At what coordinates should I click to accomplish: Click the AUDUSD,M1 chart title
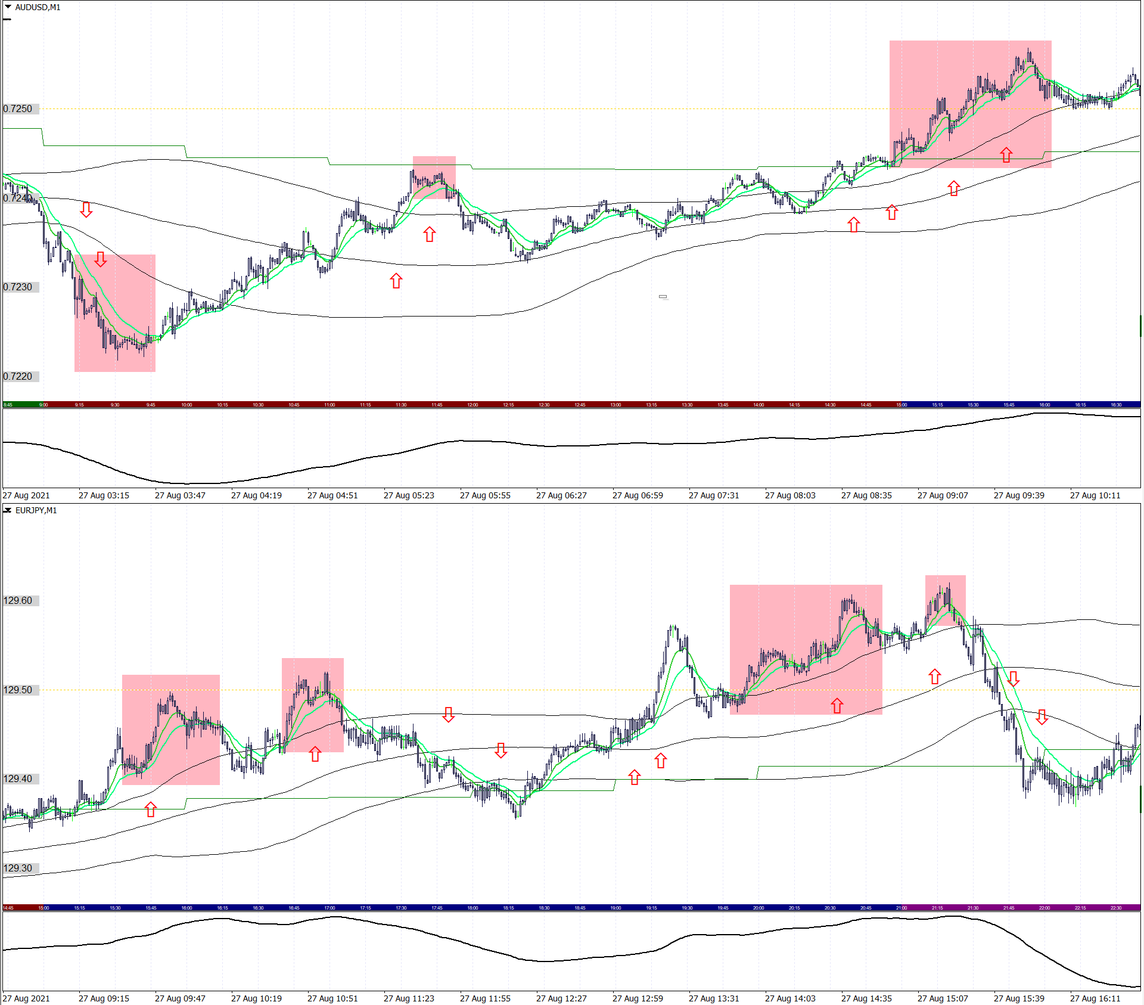pyautogui.click(x=38, y=7)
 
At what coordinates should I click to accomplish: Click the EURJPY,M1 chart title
pyautogui.click(x=36, y=510)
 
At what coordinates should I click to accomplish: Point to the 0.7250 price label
pyautogui.click(x=18, y=108)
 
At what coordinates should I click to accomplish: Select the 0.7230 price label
pyautogui.click(x=18, y=287)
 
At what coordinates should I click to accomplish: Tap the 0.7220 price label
pyautogui.click(x=18, y=376)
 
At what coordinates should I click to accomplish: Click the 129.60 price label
pyautogui.click(x=18, y=600)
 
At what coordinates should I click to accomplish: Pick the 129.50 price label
pyautogui.click(x=18, y=690)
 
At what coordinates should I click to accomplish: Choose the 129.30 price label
pyautogui.click(x=18, y=868)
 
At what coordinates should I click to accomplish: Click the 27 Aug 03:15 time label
pyautogui.click(x=104, y=495)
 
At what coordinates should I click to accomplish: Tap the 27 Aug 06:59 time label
pyautogui.click(x=638, y=495)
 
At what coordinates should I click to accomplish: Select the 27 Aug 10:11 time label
pyautogui.click(x=1095, y=495)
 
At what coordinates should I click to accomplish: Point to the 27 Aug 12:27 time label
pyautogui.click(x=561, y=998)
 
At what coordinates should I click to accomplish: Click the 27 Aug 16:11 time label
pyautogui.click(x=1095, y=998)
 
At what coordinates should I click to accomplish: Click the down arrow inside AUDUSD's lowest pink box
pyautogui.click(x=101, y=259)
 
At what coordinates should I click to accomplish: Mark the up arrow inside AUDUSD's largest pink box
pyautogui.click(x=1006, y=155)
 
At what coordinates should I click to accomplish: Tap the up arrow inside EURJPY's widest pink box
pyautogui.click(x=837, y=706)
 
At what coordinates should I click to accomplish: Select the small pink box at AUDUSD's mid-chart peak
pyautogui.click(x=434, y=177)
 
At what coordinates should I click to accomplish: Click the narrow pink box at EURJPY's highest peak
pyautogui.click(x=945, y=600)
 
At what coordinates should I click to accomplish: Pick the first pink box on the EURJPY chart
pyautogui.click(x=171, y=730)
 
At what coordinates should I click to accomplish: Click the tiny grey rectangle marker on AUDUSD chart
pyautogui.click(x=663, y=296)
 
